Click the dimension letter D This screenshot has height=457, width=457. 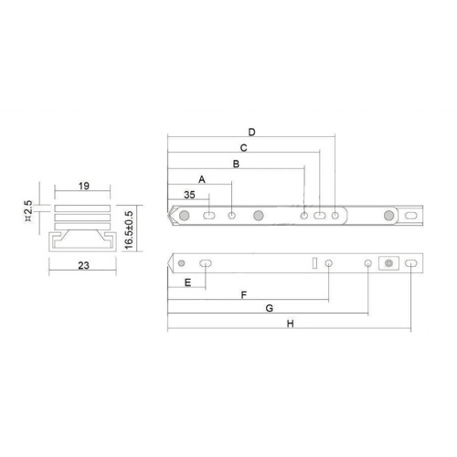(251, 132)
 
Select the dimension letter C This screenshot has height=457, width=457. (243, 147)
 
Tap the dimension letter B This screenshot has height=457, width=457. (236, 165)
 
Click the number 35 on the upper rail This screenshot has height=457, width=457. (189, 195)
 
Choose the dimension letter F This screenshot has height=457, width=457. (243, 295)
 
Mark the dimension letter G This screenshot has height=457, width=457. (269, 309)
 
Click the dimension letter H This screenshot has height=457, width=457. (290, 324)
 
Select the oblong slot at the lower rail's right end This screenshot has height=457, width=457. (411, 263)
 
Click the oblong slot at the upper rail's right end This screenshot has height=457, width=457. (411, 217)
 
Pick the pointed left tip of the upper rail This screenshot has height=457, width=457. (170, 218)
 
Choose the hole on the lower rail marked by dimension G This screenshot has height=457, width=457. (367, 263)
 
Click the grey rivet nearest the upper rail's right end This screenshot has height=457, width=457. (390, 217)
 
